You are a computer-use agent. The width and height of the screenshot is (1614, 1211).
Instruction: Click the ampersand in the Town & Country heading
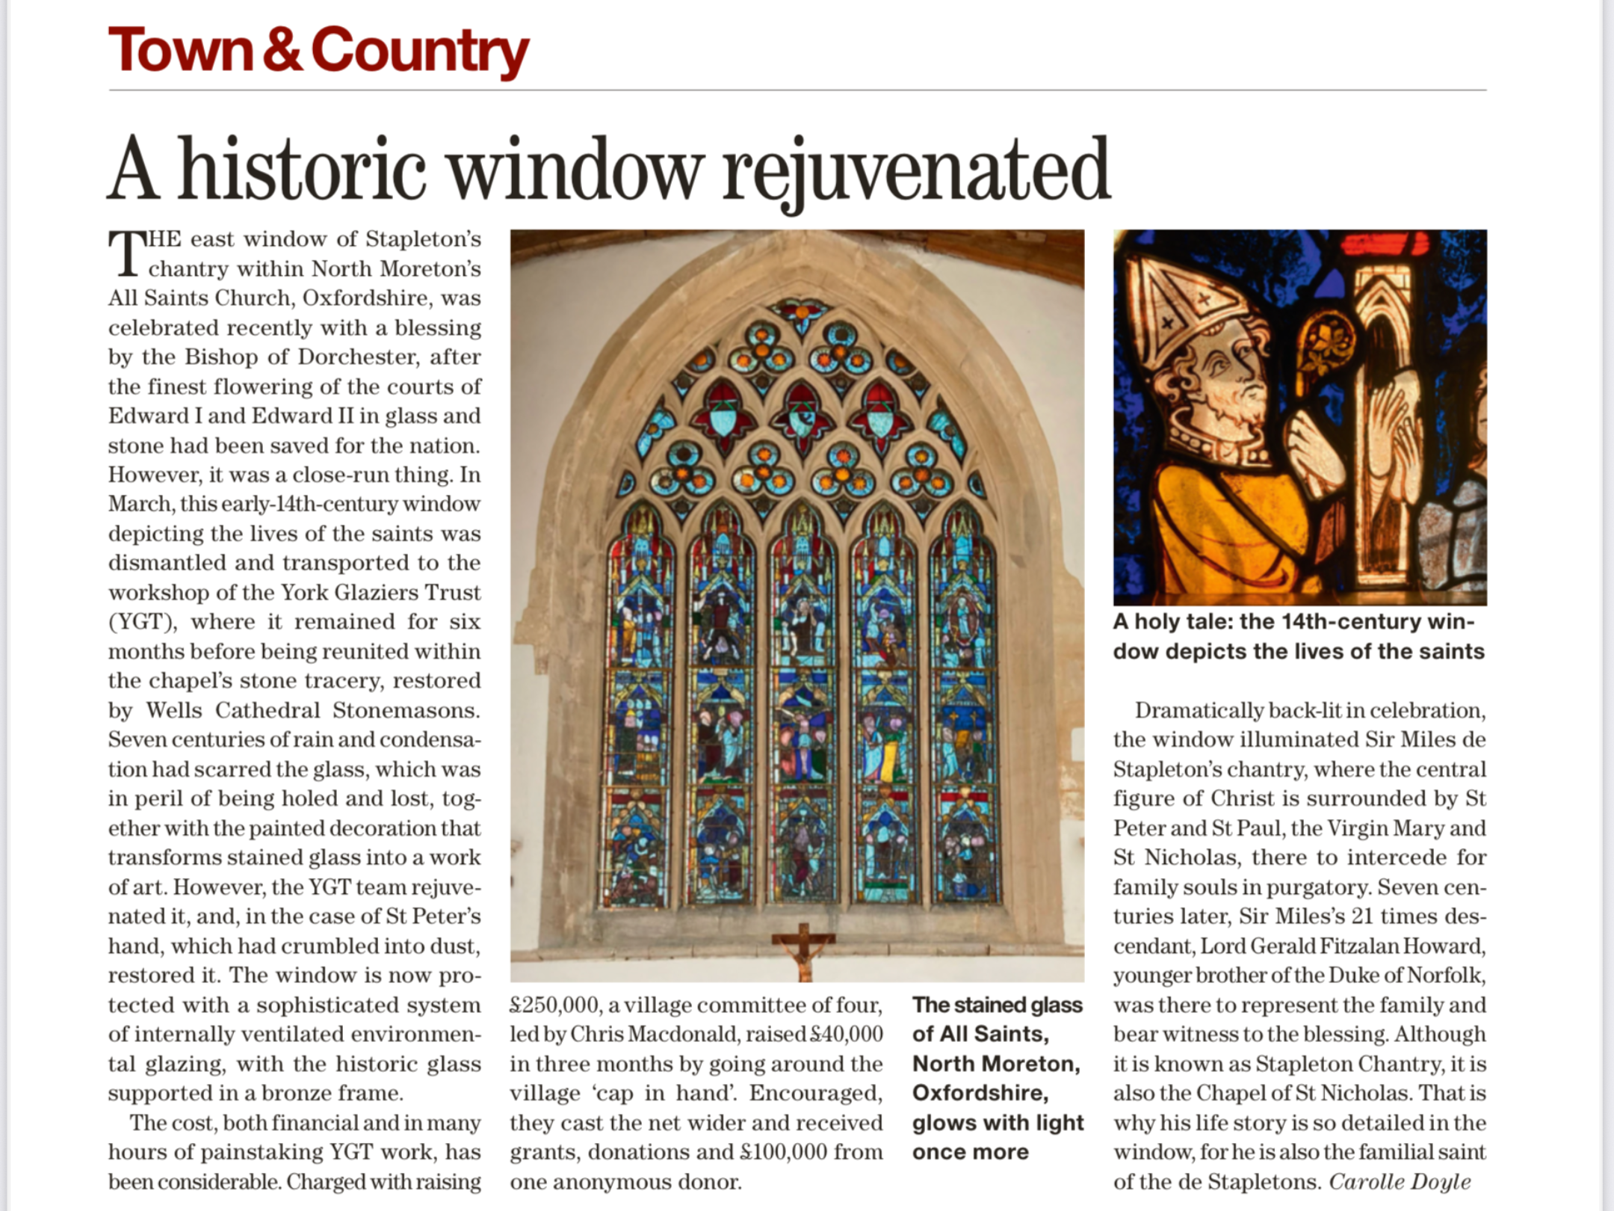coord(282,51)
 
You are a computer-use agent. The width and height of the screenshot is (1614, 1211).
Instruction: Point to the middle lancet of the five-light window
coord(803,703)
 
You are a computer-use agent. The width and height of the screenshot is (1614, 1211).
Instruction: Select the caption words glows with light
coord(998,1123)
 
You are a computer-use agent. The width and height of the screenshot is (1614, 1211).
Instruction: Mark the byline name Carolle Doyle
coord(1400,1182)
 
